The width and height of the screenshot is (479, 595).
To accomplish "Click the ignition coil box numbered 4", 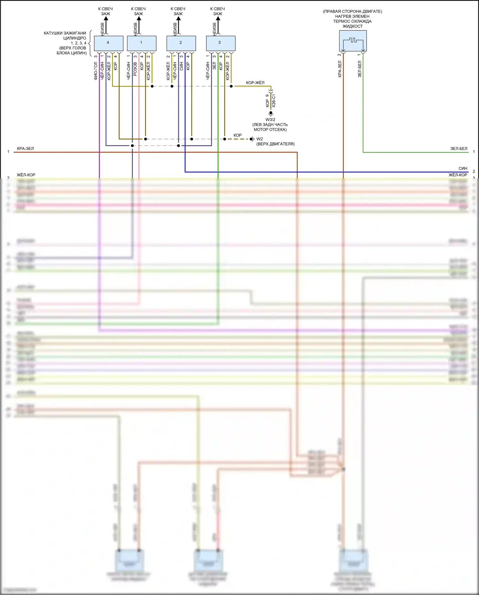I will (109, 43).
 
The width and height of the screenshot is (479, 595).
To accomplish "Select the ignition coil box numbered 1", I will (141, 43).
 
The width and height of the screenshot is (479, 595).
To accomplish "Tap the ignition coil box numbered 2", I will (181, 43).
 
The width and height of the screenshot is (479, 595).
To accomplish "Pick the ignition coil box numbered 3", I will (221, 43).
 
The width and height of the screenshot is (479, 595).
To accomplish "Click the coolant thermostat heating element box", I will (353, 41).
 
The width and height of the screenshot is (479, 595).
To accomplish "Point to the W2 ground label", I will (260, 139).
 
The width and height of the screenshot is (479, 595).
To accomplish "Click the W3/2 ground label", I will (270, 120).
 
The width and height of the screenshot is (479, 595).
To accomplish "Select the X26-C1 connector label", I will (274, 101).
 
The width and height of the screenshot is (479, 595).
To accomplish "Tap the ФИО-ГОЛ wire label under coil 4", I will (96, 71).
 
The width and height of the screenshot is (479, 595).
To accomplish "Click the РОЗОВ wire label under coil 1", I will (135, 69).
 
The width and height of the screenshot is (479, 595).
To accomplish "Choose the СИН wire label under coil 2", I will (181, 67).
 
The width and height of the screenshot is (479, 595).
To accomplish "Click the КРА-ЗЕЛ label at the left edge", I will (25, 149).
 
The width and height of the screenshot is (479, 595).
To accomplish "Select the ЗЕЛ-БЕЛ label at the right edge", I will (459, 149).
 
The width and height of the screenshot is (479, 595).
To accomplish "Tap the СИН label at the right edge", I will (463, 168).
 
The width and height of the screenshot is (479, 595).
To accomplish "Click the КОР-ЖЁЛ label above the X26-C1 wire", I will (255, 83).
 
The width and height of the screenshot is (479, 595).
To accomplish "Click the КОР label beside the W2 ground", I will (238, 135).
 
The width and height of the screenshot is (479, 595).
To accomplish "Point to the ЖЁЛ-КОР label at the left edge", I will (26, 175).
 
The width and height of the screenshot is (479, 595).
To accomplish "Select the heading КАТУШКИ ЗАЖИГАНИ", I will (65, 33).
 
